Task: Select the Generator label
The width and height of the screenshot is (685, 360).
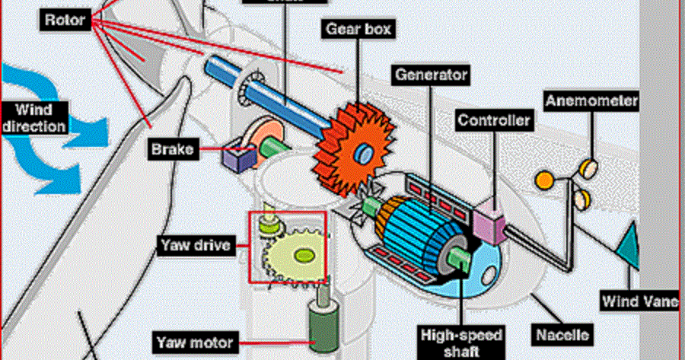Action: [x=430, y=75]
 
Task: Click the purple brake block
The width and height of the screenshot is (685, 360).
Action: [x=238, y=158]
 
